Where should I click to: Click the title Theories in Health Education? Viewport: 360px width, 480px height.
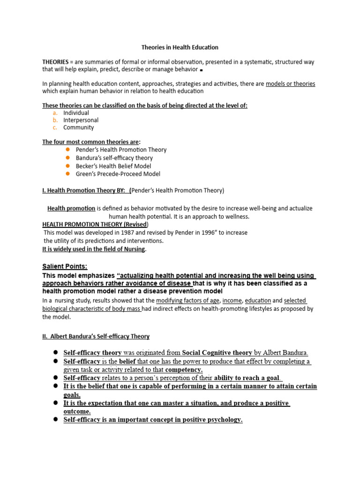[180, 47]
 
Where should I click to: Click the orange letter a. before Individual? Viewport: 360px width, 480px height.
[55, 113]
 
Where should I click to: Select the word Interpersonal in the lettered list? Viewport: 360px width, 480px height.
[81, 120]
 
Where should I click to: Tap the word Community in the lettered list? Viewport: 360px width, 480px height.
[78, 127]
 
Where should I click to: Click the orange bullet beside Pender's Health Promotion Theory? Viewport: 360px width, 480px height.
[67, 150]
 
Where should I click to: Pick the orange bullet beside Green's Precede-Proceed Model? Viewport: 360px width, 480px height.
[67, 173]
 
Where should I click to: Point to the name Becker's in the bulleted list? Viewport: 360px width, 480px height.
[86, 166]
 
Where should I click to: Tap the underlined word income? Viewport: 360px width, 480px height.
[232, 300]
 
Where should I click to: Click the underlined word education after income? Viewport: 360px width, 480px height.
[258, 300]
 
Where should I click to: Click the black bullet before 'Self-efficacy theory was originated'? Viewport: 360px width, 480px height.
[55, 352]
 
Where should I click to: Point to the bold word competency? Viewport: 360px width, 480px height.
[184, 370]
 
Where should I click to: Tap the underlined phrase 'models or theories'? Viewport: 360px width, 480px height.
[290, 84]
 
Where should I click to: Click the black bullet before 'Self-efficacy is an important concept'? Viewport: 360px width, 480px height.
[55, 420]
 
